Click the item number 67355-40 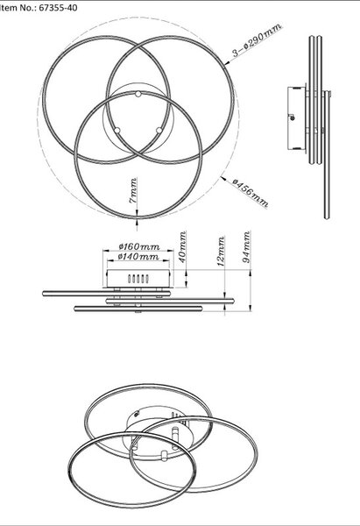pos(58,7)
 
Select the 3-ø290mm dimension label pos(258,39)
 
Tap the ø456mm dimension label pos(251,193)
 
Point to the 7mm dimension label pos(133,190)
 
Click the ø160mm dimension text pos(139,246)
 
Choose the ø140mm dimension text pos(138,257)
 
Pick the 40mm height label pos(183,247)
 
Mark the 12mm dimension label pos(221,252)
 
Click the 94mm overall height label pos(247,247)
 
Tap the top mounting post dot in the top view pos(138,94)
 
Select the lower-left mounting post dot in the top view pos(116,130)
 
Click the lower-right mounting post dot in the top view pos(159,130)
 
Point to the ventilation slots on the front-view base pos(138,279)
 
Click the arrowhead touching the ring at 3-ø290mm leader pos(227,62)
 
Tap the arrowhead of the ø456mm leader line pos(223,179)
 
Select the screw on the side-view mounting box pos(293,117)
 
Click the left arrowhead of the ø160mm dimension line pos(105,250)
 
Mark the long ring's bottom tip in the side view pos(327,217)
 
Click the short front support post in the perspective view pos(165,456)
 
